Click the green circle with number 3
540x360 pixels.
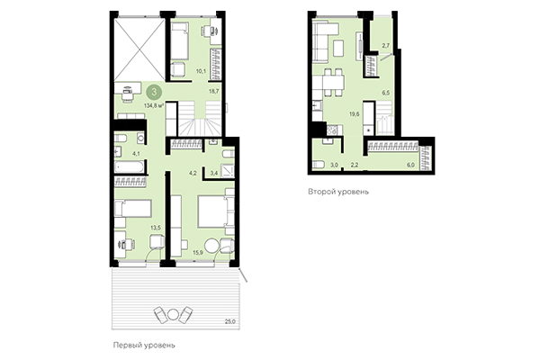[x=157, y=92]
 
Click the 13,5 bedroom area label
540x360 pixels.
[x=157, y=229]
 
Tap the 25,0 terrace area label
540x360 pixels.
[x=230, y=320]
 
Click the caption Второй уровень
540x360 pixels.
[x=337, y=192]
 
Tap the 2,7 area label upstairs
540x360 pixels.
[x=385, y=45]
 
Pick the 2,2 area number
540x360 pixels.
[x=355, y=166]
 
